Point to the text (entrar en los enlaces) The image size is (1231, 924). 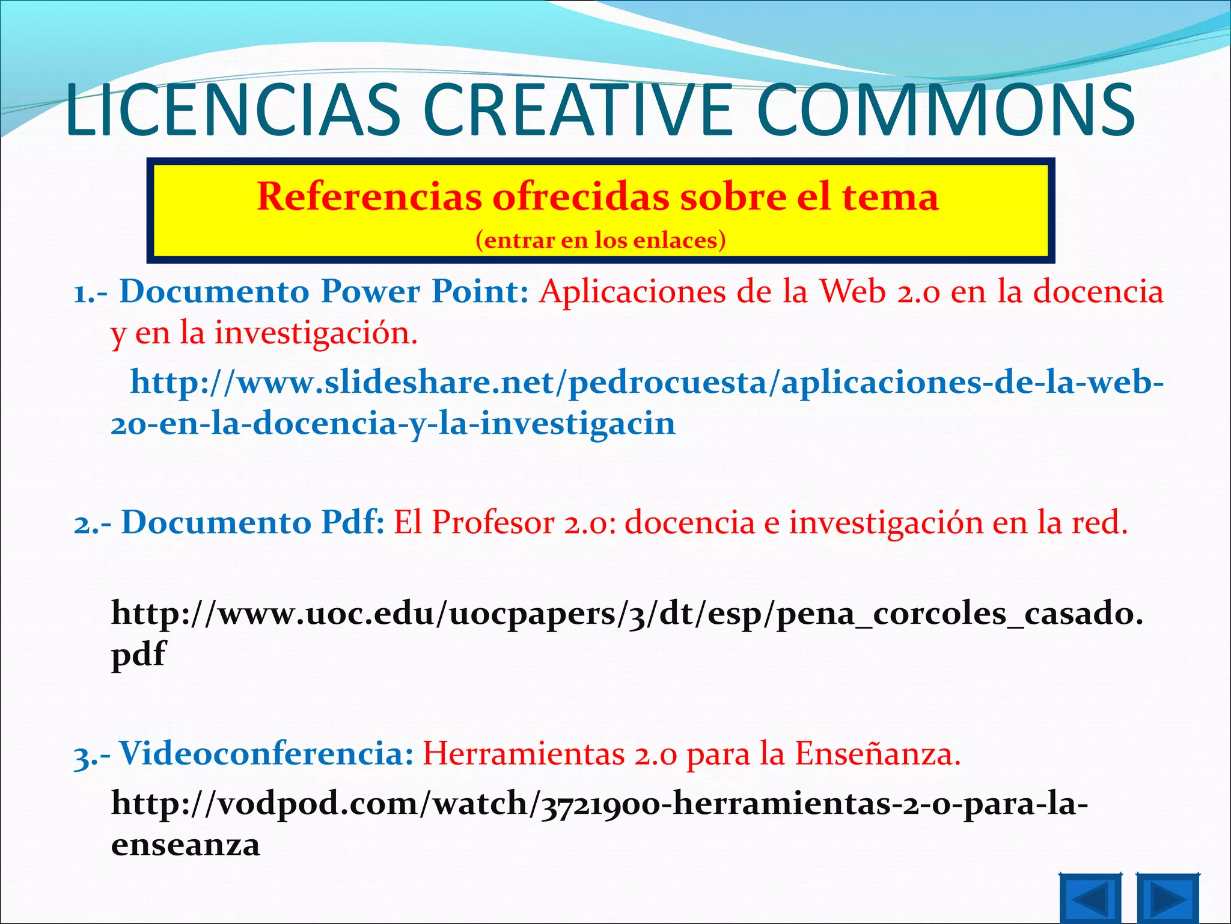point(600,240)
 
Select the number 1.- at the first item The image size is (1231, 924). point(90,293)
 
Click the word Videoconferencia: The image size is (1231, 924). point(266,753)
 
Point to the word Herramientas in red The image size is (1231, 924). point(524,753)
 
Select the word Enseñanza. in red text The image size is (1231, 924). point(878,753)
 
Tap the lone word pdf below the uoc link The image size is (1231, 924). point(138,654)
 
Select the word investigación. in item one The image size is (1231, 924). point(316,333)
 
